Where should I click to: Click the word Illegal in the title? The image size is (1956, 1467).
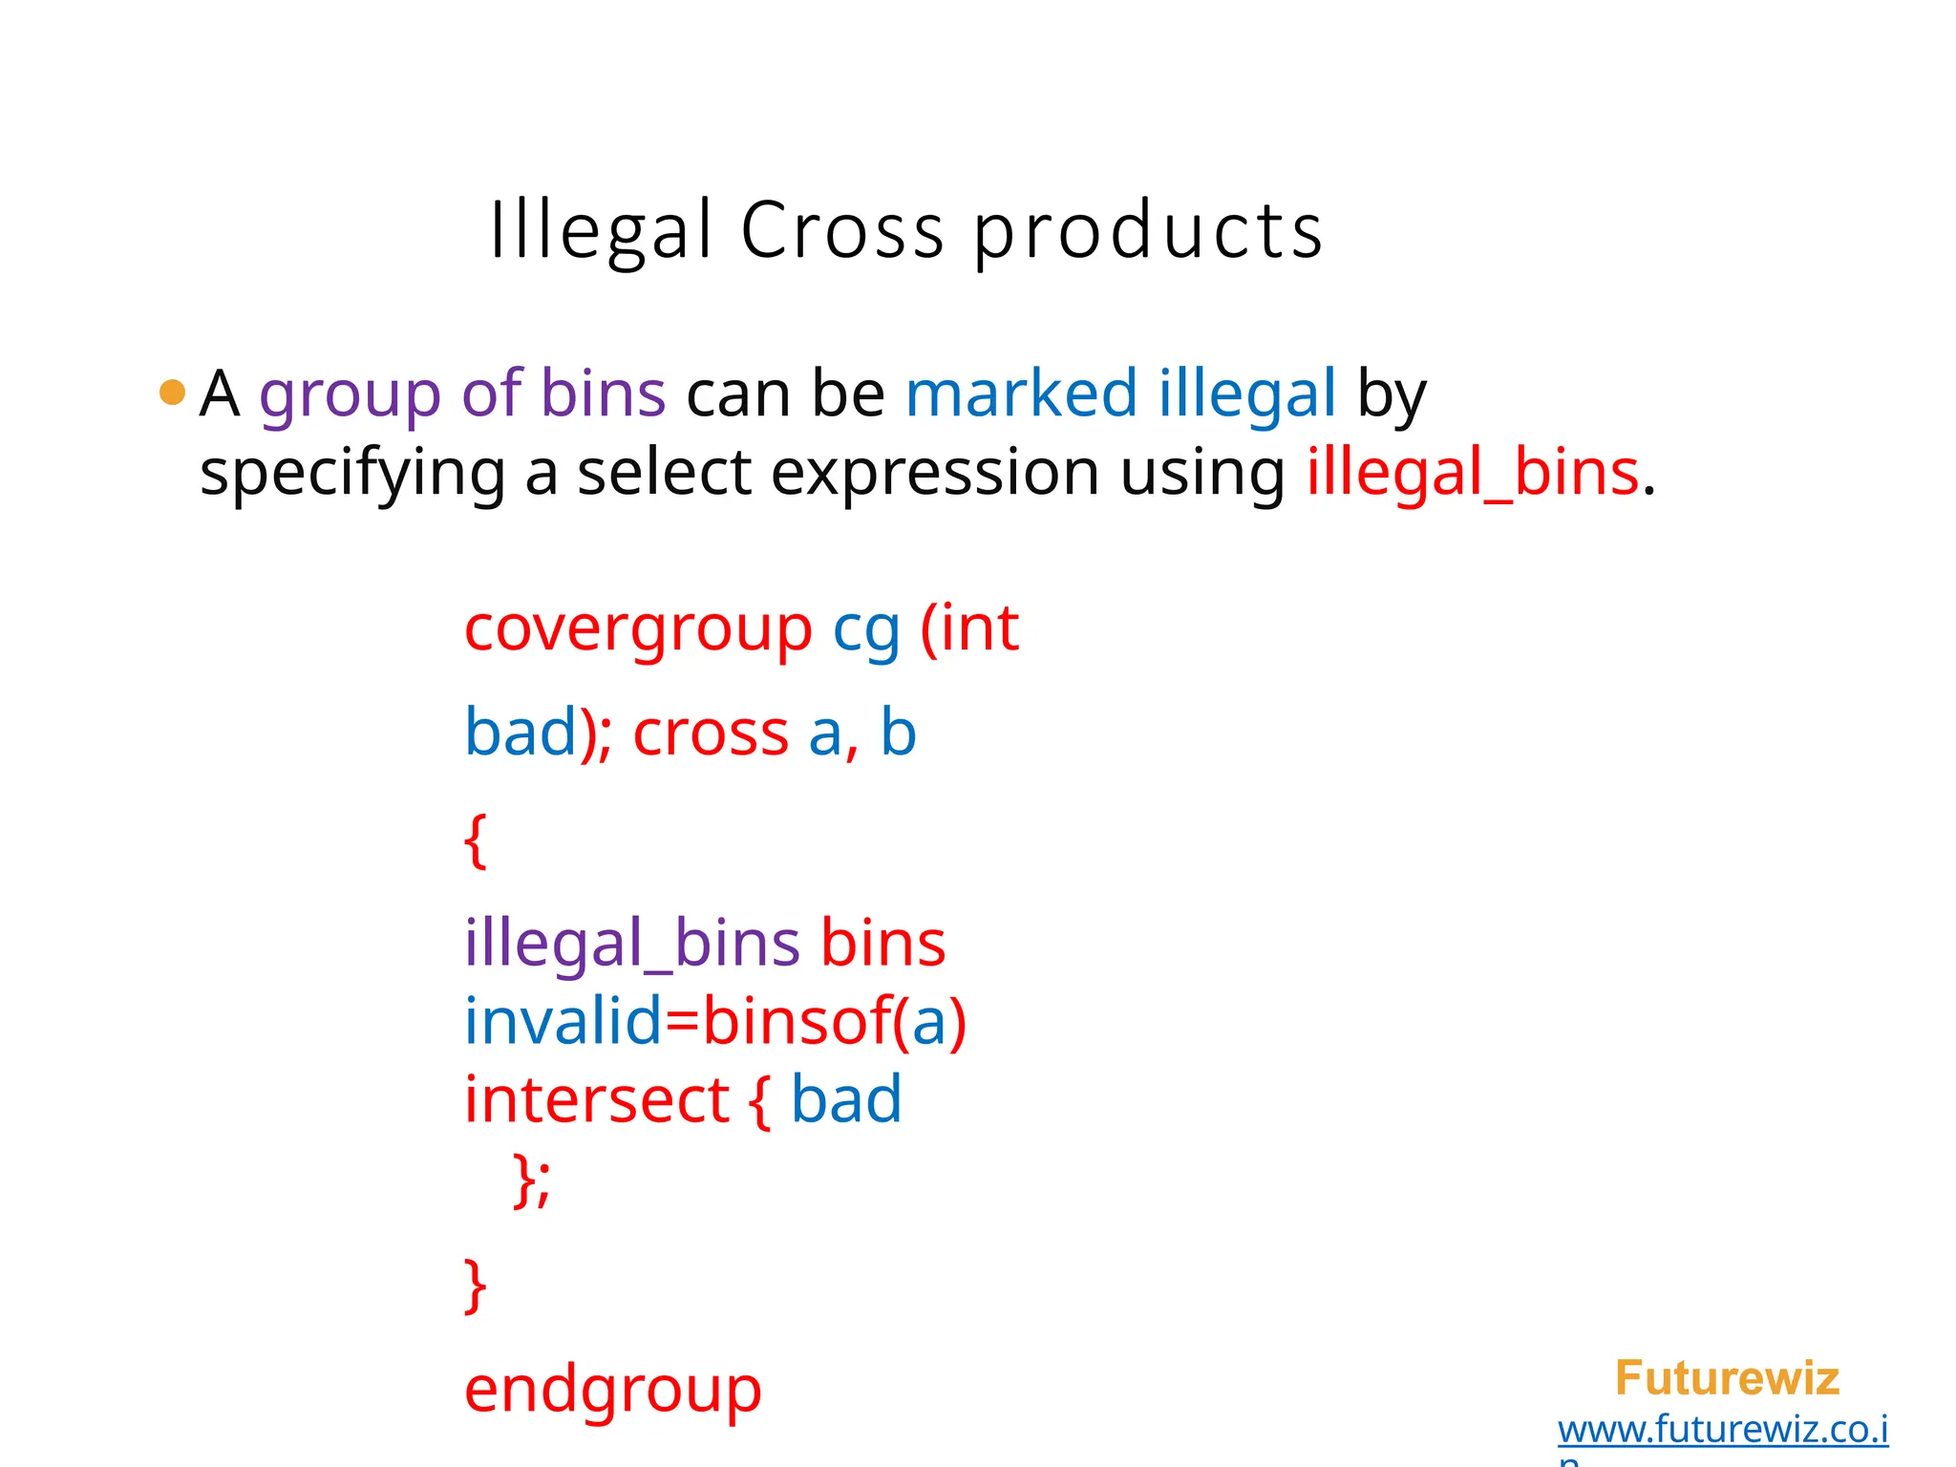601,230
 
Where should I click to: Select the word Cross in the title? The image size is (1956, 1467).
842,230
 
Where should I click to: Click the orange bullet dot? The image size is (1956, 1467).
172,392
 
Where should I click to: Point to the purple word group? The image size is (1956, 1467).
350,394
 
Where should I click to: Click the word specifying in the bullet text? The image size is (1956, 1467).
351,474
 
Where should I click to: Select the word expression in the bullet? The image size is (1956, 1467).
934,474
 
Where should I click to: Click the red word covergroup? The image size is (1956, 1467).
638,629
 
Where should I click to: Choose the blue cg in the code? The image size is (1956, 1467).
866,631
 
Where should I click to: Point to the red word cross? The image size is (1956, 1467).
711,733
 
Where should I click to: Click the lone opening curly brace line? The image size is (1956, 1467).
475,840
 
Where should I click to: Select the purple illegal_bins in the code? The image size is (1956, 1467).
631,944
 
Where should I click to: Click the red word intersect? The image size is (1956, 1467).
597,1098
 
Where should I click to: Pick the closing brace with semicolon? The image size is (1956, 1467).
531,1180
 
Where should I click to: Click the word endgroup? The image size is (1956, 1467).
613,1390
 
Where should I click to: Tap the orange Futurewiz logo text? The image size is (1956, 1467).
1727,1378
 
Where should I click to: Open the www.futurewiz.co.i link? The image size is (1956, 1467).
1723,1429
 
